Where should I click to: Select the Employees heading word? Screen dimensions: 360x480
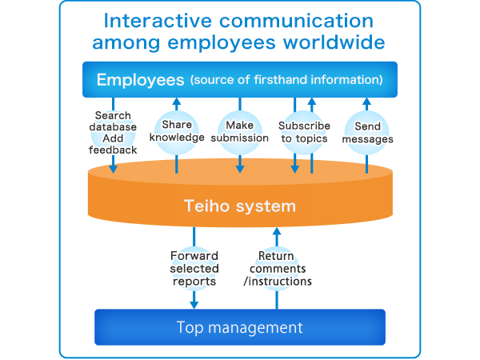click(141, 79)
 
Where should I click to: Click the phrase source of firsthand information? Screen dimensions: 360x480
click(286, 80)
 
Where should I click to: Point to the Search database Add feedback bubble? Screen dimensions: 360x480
click(113, 133)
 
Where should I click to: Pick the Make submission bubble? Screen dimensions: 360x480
click(240, 132)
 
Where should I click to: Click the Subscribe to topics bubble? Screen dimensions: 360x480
click(304, 132)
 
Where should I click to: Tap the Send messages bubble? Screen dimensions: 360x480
click(367, 133)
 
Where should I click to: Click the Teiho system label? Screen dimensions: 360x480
click(240, 206)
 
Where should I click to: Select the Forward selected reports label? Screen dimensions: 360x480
click(194, 269)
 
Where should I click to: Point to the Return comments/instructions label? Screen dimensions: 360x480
click(277, 269)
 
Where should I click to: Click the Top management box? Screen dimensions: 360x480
click(240, 327)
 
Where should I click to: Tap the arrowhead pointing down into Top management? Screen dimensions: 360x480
click(194, 303)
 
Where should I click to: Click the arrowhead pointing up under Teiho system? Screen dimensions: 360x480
click(277, 231)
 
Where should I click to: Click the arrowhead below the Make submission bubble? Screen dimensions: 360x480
click(240, 168)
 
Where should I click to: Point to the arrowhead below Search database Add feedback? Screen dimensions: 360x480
click(114, 168)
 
